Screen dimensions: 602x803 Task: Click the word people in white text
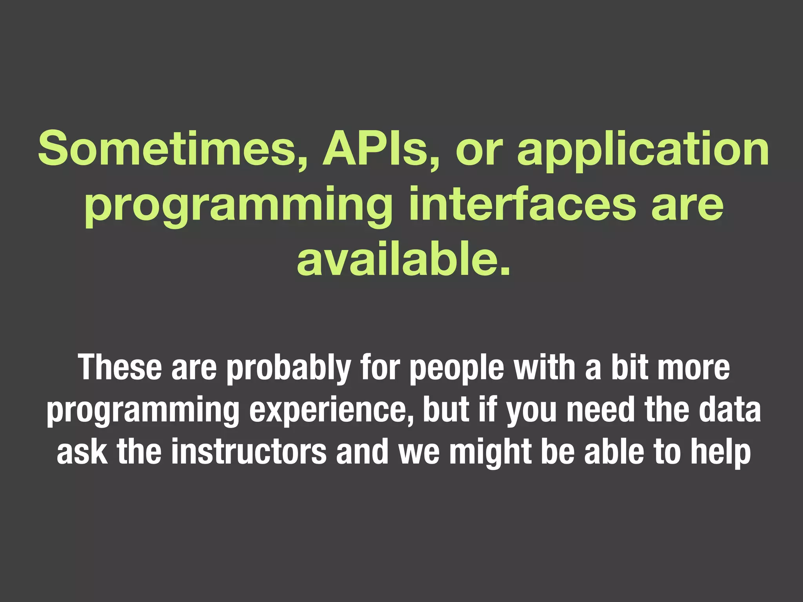(x=457, y=368)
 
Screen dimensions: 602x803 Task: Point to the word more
(x=694, y=368)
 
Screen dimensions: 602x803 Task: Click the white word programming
(x=143, y=412)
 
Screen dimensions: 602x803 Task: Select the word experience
(x=332, y=412)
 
